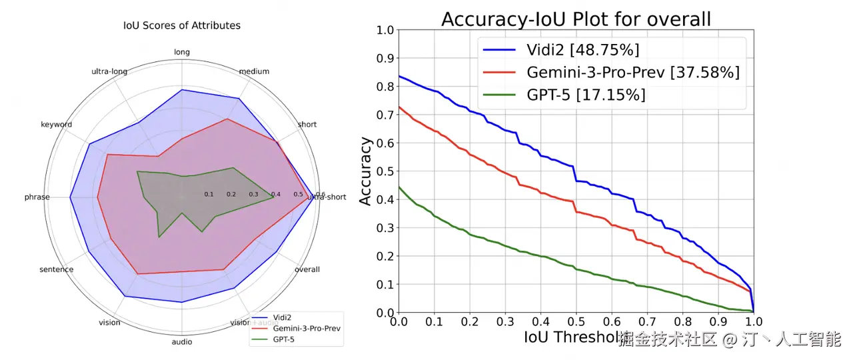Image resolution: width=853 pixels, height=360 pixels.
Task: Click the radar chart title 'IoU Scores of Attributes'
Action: (x=182, y=26)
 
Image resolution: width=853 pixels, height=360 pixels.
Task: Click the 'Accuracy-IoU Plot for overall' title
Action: (x=576, y=19)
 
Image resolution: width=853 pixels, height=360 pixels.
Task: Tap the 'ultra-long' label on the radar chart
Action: (x=109, y=71)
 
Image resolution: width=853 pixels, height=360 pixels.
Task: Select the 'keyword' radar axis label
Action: (x=56, y=125)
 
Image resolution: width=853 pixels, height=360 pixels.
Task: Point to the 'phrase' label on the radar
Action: (x=37, y=197)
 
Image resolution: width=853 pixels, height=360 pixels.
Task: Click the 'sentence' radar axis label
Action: (x=56, y=270)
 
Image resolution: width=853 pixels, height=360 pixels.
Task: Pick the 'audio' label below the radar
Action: (x=182, y=342)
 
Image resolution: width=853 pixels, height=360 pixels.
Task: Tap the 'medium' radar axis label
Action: (x=254, y=71)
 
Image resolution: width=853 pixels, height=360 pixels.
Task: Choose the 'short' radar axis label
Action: (x=307, y=125)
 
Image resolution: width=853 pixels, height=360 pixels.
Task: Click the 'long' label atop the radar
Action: (x=182, y=52)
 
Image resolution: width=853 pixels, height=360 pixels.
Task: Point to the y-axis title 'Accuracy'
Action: (x=365, y=171)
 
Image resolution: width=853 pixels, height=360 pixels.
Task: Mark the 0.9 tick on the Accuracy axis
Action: (x=385, y=58)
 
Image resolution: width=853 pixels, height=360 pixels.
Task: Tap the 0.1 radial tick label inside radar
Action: (x=209, y=195)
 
